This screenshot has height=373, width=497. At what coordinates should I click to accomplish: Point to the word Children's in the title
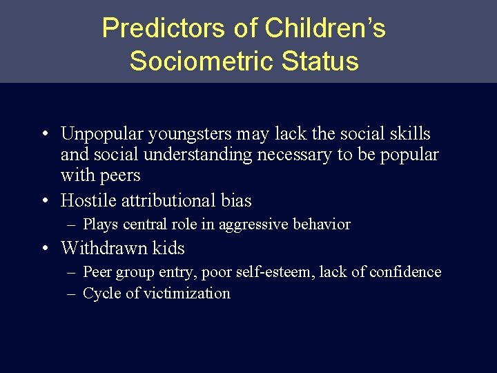tap(325, 28)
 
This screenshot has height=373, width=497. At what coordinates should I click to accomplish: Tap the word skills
tap(410, 133)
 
